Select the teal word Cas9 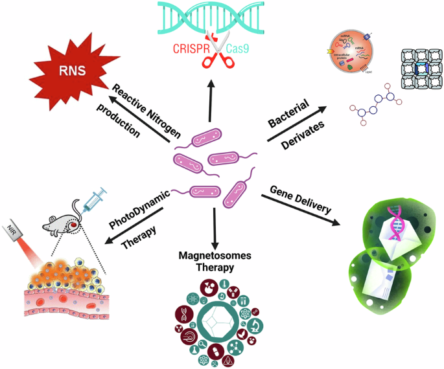click(242, 49)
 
